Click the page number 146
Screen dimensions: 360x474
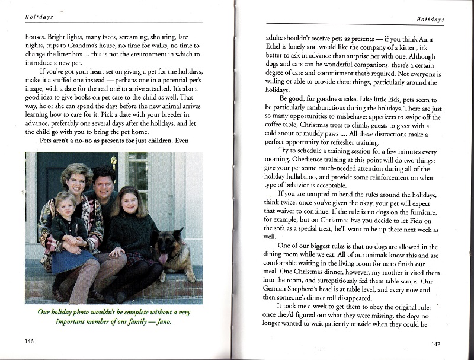(x=30, y=342)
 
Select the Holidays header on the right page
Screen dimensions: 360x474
(x=430, y=20)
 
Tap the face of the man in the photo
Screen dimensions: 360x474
(x=104, y=181)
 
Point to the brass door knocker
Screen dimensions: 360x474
(x=114, y=161)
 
